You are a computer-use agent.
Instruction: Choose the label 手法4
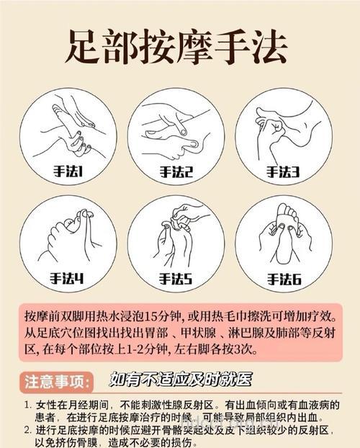68,278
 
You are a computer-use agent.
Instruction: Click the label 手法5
176,278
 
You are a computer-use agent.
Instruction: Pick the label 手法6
283,278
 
